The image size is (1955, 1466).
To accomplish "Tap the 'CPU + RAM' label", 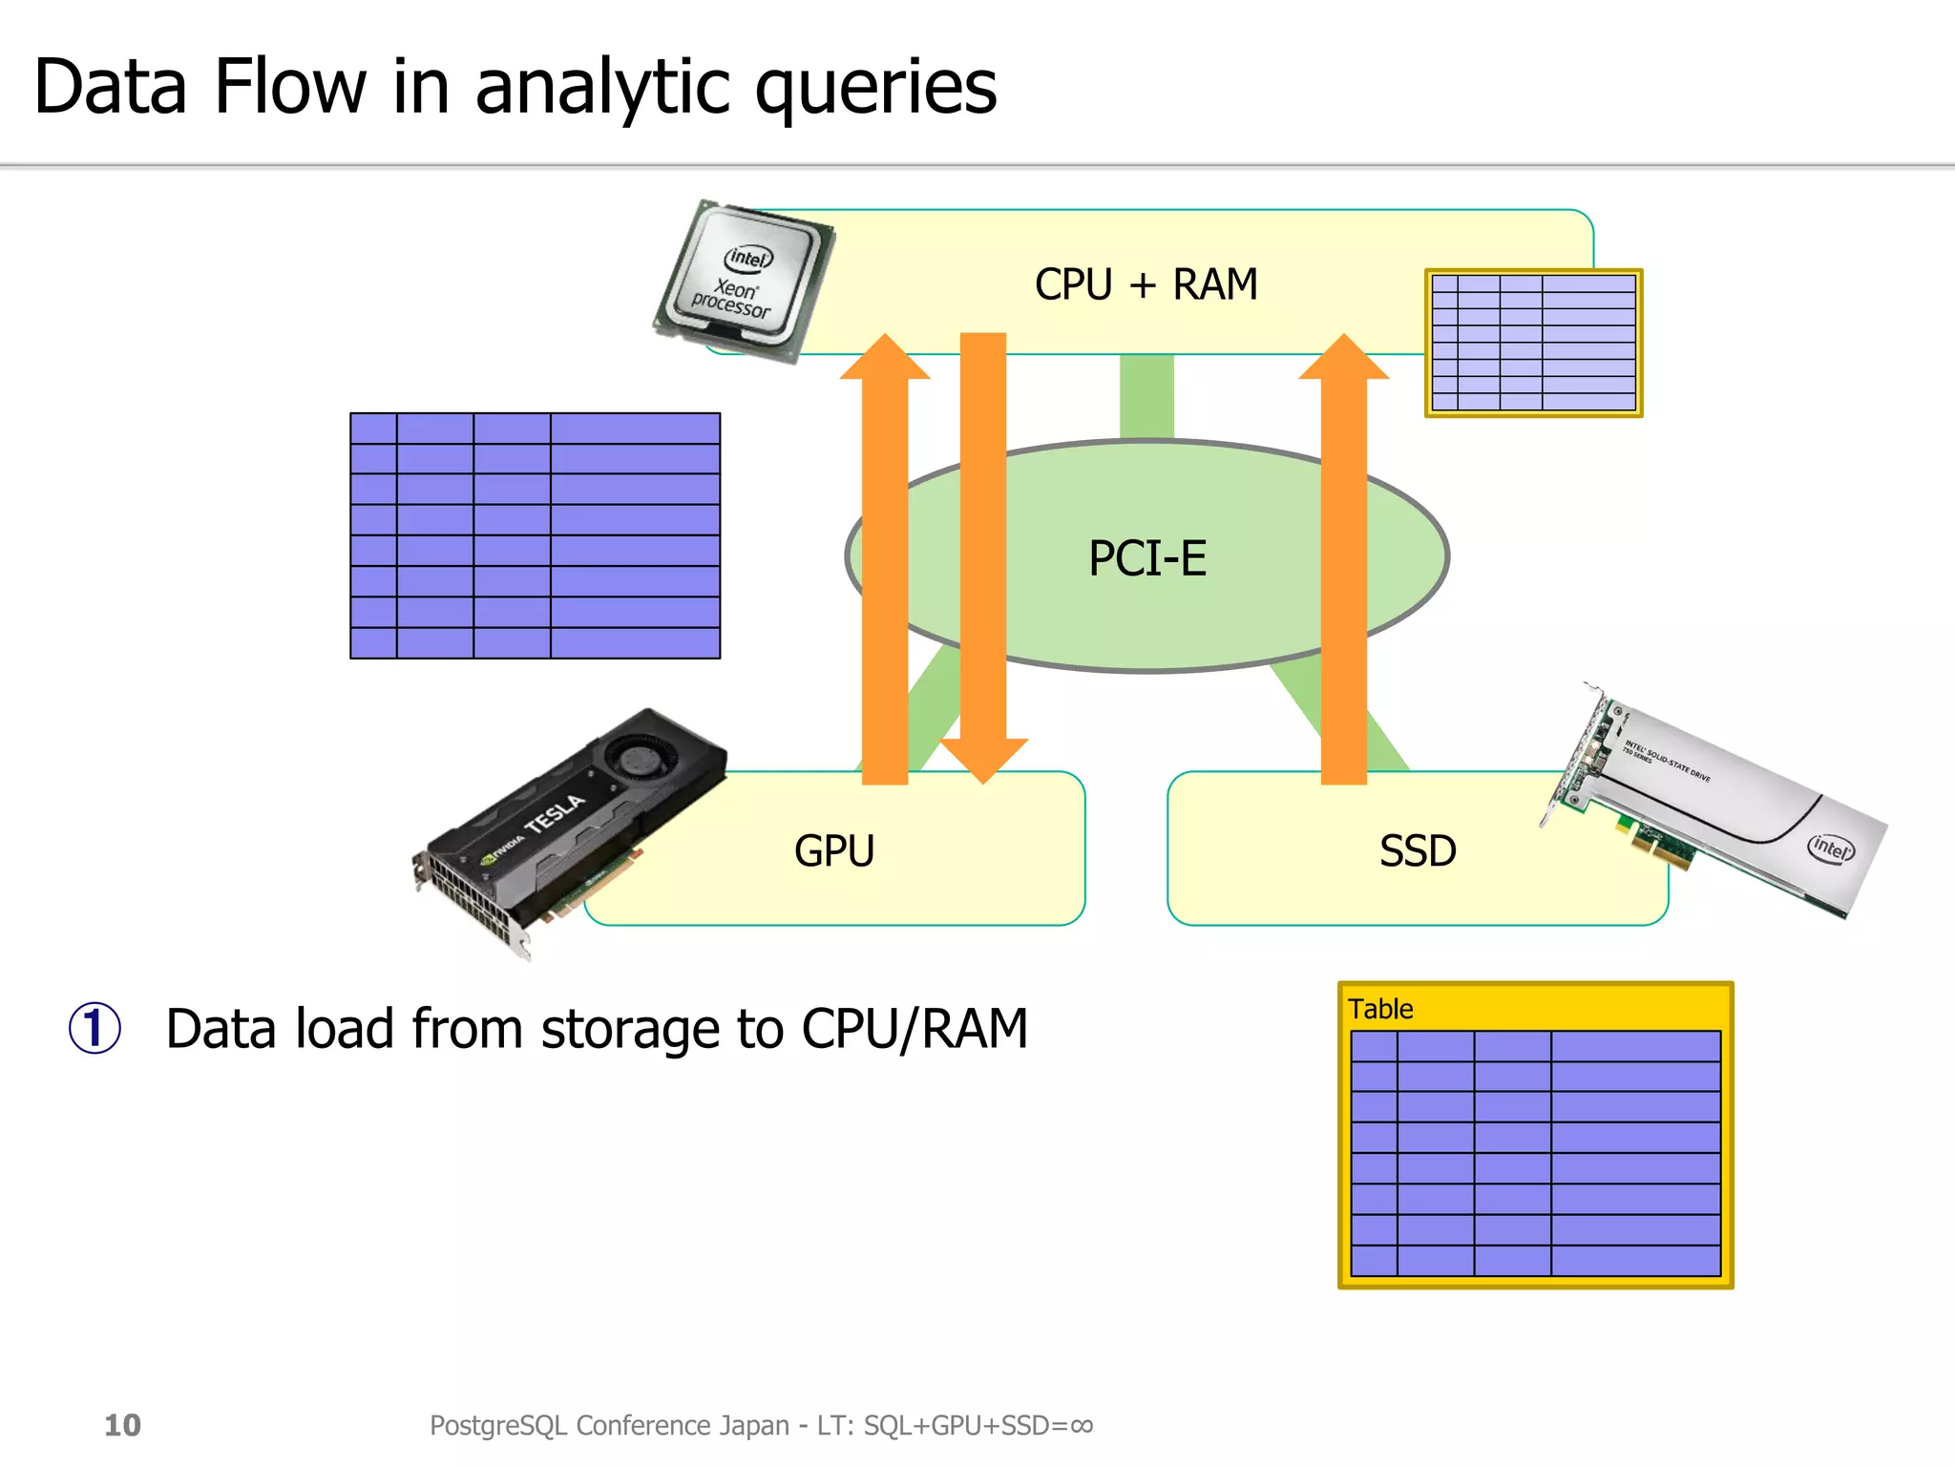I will click(1146, 284).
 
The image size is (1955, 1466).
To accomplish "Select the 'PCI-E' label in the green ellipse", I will click(1147, 558).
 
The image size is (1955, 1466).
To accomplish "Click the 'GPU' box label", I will click(833, 850).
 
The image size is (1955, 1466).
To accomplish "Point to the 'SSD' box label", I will click(1418, 850).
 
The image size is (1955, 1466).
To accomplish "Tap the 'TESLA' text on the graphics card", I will click(555, 813).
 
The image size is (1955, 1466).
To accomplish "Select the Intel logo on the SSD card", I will click(1831, 847).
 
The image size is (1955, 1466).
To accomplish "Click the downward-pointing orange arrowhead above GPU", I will click(983, 760).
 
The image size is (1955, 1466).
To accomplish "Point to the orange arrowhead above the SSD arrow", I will click(1343, 359).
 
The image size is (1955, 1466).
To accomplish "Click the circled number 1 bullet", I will click(95, 1029).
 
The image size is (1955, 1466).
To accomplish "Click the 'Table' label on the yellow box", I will click(1379, 1009).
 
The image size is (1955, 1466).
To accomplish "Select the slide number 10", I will click(122, 1425).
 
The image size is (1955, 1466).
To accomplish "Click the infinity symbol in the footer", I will click(1081, 1425).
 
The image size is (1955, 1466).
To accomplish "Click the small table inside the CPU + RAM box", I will click(1533, 343).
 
